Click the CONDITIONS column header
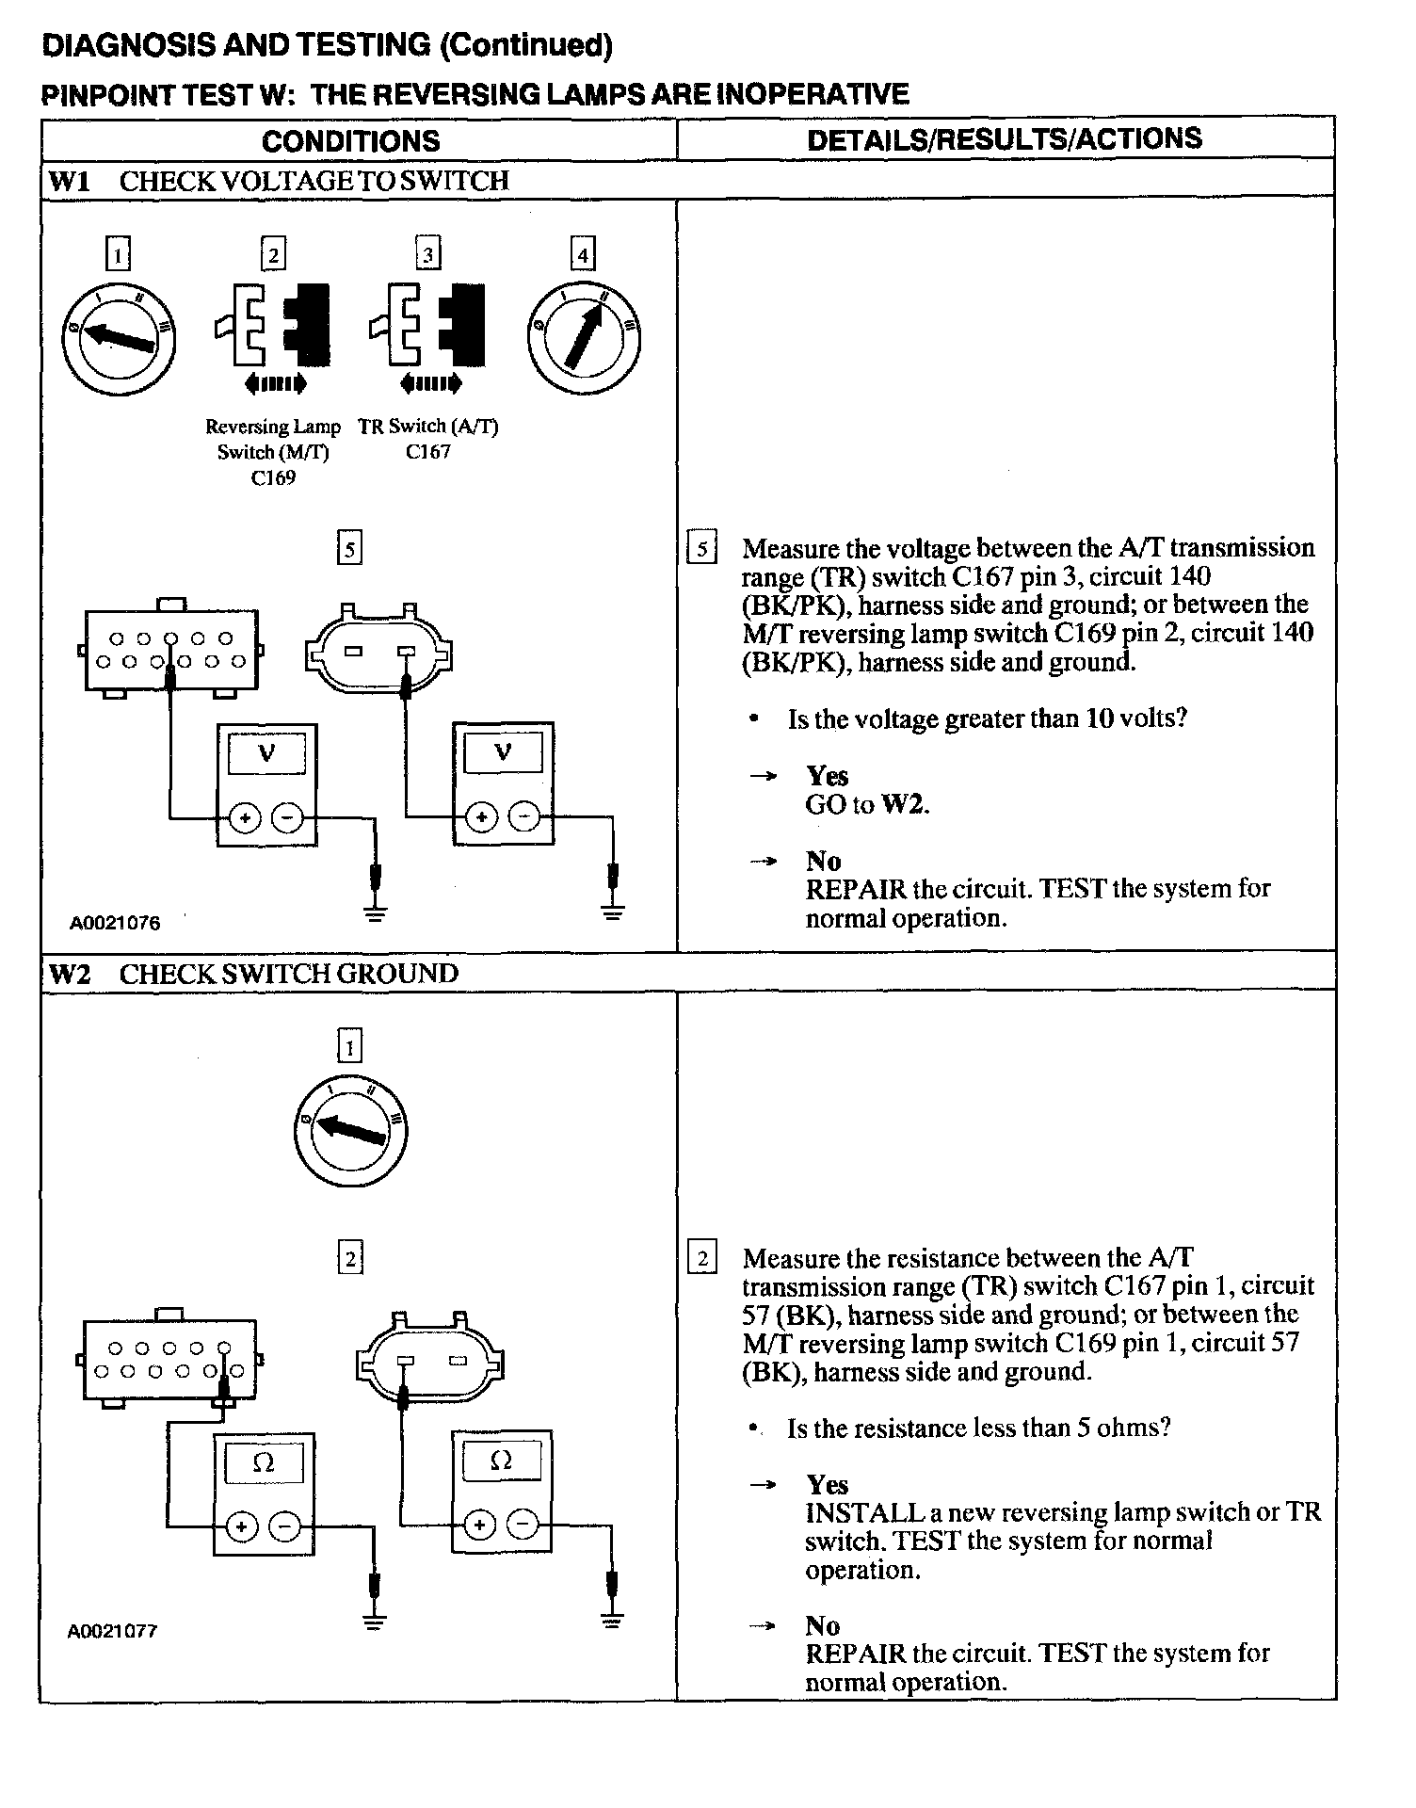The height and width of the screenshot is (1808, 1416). point(350,141)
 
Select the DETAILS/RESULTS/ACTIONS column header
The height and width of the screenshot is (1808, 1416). point(1004,138)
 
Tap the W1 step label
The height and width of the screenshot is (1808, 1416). point(69,181)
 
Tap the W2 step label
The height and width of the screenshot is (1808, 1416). point(69,974)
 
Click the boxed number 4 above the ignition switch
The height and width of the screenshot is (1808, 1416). point(583,254)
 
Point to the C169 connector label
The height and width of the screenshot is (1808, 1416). point(273,477)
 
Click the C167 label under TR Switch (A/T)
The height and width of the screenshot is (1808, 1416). point(428,452)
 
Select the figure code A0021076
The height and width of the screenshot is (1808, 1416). point(115,923)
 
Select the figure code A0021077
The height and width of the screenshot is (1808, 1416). point(112,1631)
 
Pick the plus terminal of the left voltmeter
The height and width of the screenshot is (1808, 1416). point(245,819)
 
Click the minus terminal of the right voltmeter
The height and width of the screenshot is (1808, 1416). point(524,817)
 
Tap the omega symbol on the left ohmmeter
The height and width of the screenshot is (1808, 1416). point(265,1462)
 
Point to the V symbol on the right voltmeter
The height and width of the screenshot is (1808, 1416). point(503,751)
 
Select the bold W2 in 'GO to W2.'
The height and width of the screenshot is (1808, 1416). point(902,804)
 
